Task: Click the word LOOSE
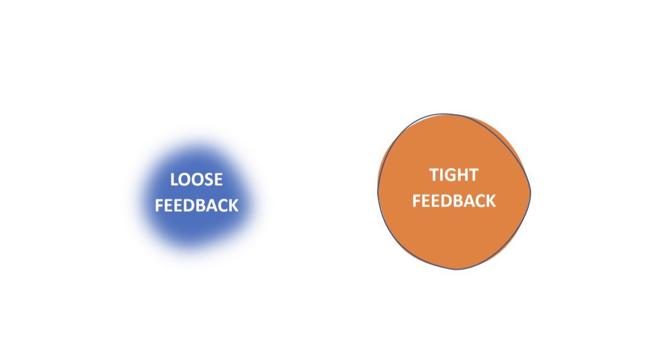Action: point(196,179)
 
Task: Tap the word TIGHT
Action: point(453,175)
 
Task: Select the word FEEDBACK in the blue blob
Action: point(196,205)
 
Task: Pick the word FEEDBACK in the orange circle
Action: point(453,201)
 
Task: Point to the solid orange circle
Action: point(453,237)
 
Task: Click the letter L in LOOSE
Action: point(174,179)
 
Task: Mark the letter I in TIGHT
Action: point(441,175)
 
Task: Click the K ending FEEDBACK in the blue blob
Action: point(233,205)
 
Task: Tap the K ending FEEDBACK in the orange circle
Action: point(490,201)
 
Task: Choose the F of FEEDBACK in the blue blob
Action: point(159,205)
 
